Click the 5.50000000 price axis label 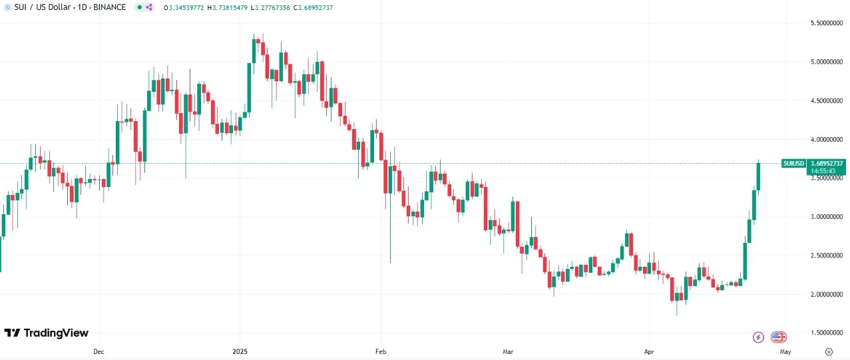point(827,23)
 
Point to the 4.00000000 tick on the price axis point(827,140)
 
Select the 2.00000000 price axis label point(827,294)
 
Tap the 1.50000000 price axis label point(827,333)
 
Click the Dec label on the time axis point(99,351)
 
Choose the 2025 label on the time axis point(240,351)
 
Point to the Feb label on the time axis point(380,351)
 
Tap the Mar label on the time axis point(509,351)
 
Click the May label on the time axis point(785,351)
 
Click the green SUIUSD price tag point(793,163)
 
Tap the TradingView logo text point(56,333)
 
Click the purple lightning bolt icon point(758,337)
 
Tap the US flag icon point(779,337)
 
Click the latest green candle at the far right point(758,176)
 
